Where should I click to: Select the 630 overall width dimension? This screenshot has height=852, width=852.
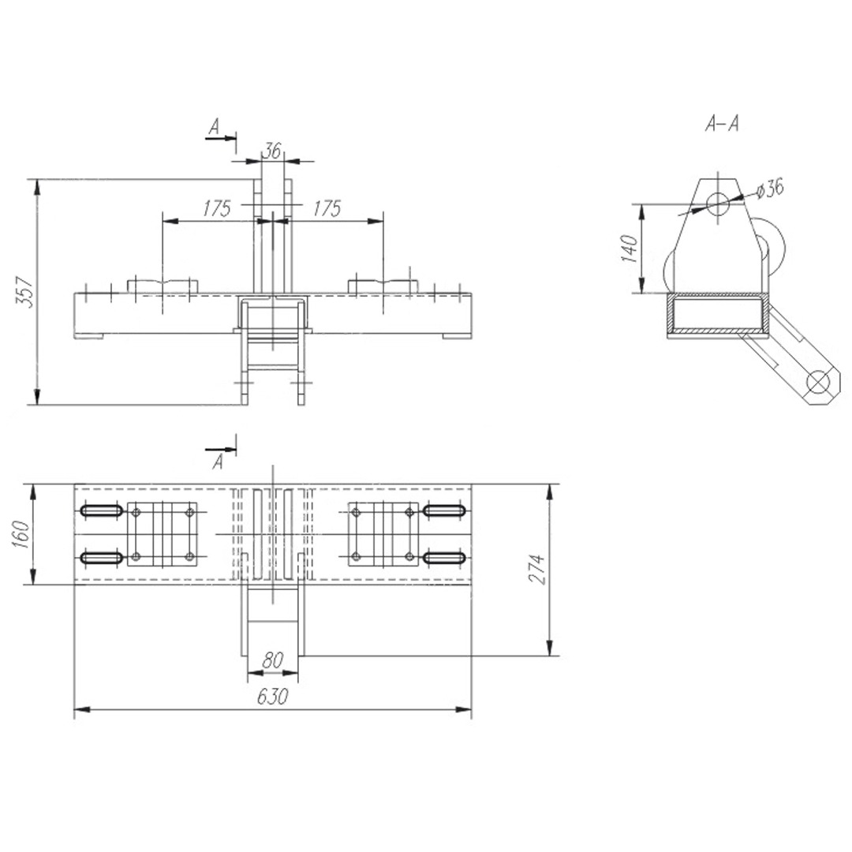point(272,697)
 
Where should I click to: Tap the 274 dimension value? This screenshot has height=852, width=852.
point(537,569)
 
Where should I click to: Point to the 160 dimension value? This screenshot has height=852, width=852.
point(21,534)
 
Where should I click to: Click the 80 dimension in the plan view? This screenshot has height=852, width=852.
point(273,660)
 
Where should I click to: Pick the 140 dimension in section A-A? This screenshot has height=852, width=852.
point(629,248)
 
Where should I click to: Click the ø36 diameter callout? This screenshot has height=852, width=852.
point(770,189)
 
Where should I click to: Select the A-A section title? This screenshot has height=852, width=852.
point(722,125)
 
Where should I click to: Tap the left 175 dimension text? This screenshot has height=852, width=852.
point(217,208)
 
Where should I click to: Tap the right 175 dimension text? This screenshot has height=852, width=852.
point(327,208)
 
